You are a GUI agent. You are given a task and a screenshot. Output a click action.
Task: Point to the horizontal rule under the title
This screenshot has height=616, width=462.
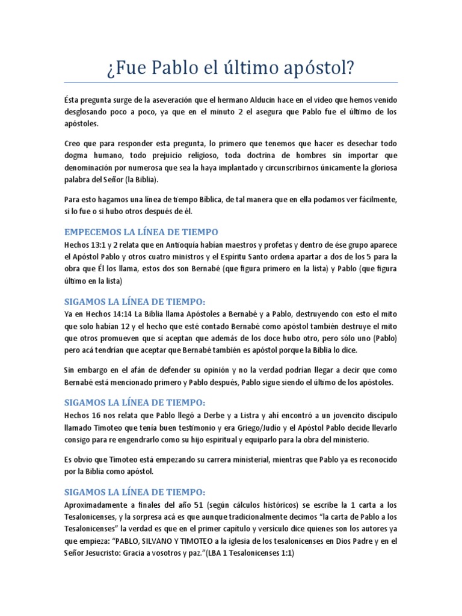(230, 82)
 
